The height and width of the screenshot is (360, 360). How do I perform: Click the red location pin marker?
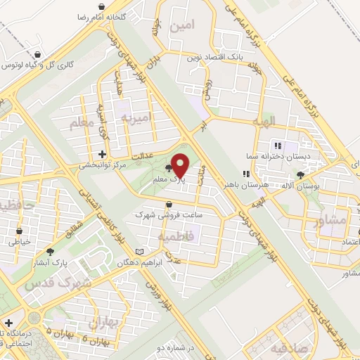(180, 166)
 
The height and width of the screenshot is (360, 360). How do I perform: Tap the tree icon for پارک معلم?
(168, 168)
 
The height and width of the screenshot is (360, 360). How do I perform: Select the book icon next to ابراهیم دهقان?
(139, 252)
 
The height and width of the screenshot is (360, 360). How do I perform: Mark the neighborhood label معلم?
(82, 124)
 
